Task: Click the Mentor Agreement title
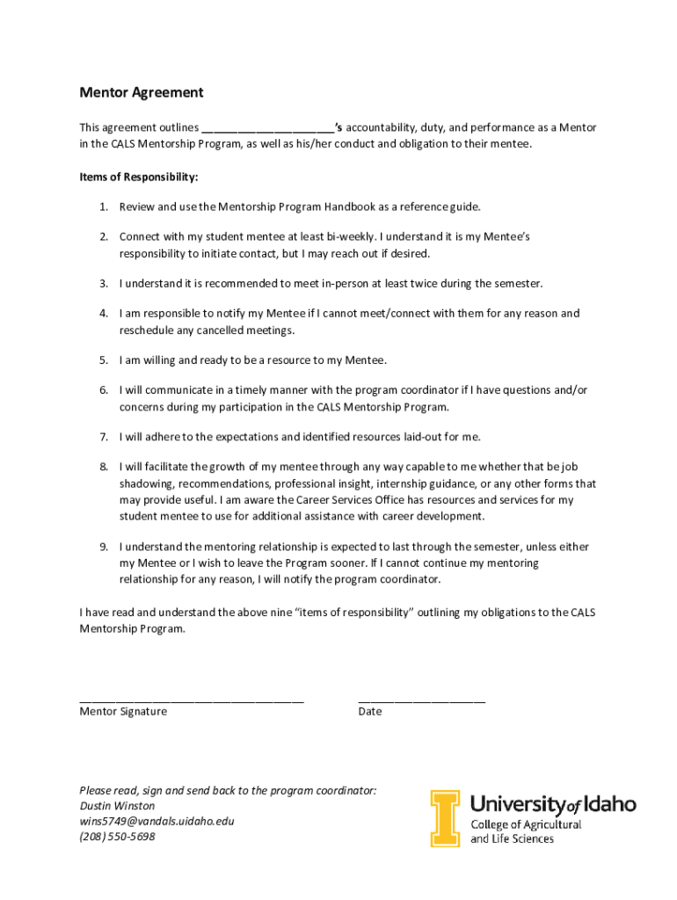[142, 92]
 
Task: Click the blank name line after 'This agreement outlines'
[267, 129]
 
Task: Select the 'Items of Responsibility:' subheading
[139, 177]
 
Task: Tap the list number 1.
[103, 207]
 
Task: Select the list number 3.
[103, 283]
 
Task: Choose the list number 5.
[103, 359]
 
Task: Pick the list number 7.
[103, 436]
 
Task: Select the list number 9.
[103, 547]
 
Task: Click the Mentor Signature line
[191, 700]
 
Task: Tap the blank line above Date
[421, 700]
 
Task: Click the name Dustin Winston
[117, 806]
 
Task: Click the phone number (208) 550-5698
[117, 838]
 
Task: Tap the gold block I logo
[445, 818]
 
